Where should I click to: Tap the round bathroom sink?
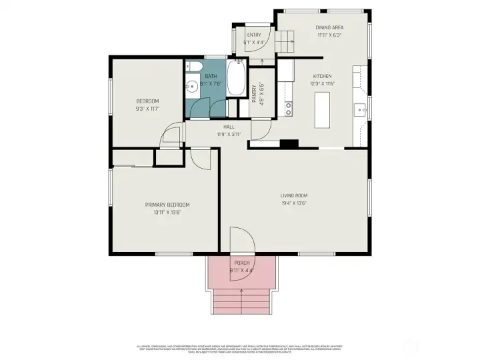coord(191,85)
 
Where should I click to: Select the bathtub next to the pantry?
coord(237,79)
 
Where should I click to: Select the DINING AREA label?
coord(328,28)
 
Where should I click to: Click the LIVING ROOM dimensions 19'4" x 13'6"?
coord(293,204)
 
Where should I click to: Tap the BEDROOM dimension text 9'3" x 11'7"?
coord(147,108)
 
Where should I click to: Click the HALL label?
coord(229,127)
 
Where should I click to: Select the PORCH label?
coord(241,263)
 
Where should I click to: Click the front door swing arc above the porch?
coord(240,240)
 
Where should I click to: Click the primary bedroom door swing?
coord(199,156)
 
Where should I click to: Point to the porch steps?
coord(241,302)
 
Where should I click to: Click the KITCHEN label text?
coord(321,76)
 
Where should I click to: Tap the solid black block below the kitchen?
coord(289,143)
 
